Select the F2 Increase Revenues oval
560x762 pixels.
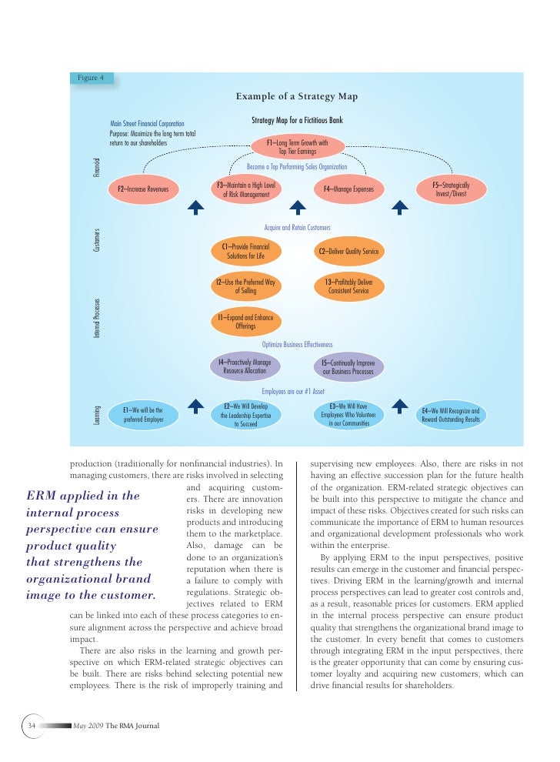tap(143, 189)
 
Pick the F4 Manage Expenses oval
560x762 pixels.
tap(348, 189)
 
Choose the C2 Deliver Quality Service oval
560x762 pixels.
tap(348, 251)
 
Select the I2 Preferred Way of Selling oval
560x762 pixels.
tap(245, 287)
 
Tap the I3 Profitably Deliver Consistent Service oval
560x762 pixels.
tap(348, 287)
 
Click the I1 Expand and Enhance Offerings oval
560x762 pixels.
tap(245, 321)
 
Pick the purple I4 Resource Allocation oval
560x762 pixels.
tap(245, 366)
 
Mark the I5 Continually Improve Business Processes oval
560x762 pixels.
tap(348, 366)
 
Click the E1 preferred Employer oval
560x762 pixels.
tap(143, 416)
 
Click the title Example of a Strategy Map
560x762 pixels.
tap(296, 96)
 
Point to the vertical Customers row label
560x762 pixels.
tap(98, 239)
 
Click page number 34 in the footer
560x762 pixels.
tap(32, 725)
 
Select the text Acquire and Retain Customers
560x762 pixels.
tap(297, 228)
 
